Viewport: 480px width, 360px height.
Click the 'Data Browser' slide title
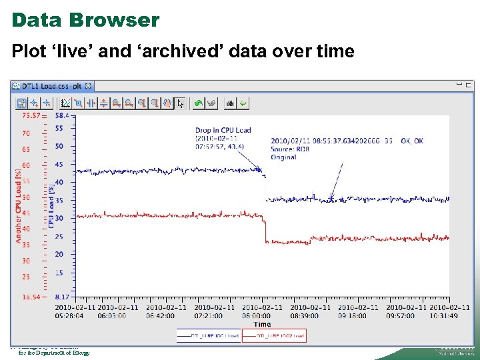click(85, 20)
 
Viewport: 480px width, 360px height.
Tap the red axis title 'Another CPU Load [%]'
click(19, 205)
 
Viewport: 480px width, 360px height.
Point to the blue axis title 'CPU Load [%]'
click(51, 206)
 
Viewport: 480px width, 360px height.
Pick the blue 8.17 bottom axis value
click(63, 296)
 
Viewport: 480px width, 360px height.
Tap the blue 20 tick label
click(59, 254)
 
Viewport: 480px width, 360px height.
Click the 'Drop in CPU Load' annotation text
click(223, 130)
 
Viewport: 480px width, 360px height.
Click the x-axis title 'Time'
click(263, 324)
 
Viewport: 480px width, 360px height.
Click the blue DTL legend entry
click(208, 336)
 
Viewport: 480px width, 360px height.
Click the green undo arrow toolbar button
click(197, 103)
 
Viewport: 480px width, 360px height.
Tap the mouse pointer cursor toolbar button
click(180, 103)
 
